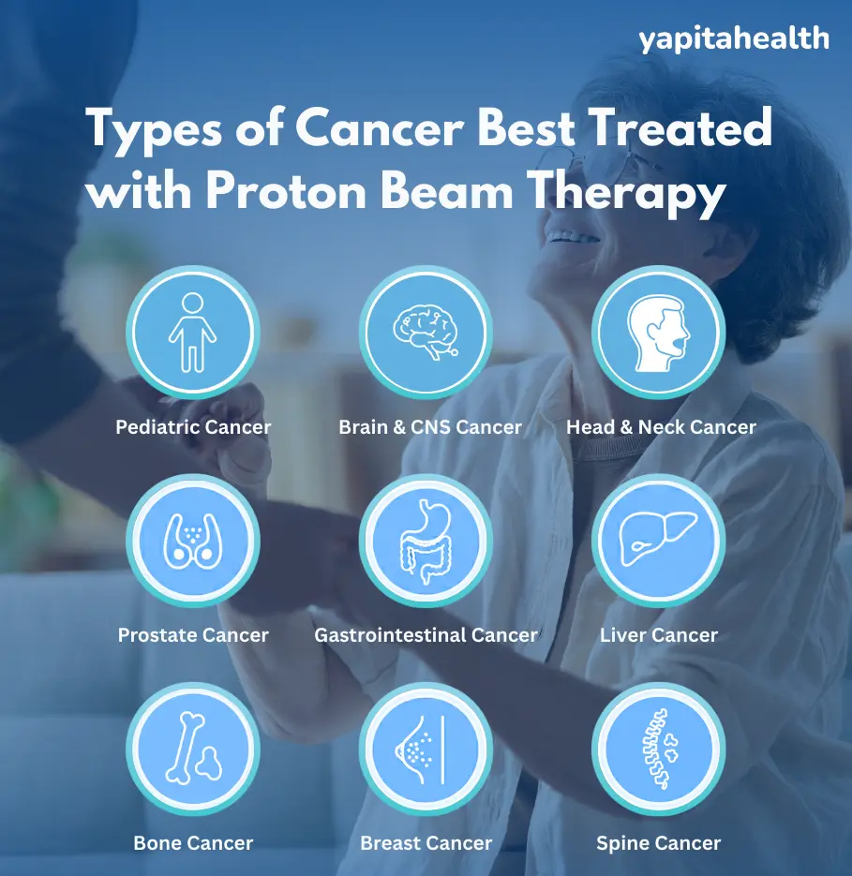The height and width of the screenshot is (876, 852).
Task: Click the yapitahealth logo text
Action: (734, 38)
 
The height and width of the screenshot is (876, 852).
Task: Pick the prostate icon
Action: (193, 541)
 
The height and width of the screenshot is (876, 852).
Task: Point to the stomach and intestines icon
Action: (426, 541)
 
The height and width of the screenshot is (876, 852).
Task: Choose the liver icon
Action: (658, 541)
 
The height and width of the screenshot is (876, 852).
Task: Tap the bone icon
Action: (193, 749)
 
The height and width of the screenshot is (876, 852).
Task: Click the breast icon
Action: (426, 749)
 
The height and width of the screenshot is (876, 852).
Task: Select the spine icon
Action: (658, 749)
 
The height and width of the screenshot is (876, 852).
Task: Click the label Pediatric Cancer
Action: (193, 427)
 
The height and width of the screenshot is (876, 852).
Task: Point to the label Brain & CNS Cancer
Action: (430, 427)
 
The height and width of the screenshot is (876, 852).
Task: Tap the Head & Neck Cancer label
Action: (661, 427)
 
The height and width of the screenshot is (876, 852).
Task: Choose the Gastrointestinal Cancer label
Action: (426, 635)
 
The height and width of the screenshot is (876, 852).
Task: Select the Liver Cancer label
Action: (659, 635)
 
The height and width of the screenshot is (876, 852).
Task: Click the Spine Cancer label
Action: (659, 843)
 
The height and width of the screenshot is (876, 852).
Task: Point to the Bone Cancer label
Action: (193, 843)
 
